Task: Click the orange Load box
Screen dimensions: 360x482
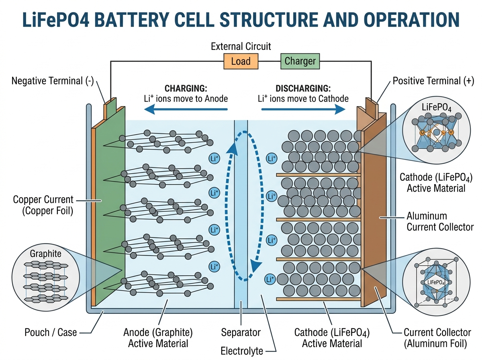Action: tap(241, 61)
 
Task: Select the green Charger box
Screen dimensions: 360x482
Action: tap(300, 61)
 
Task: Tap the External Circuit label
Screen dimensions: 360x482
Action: tap(241, 47)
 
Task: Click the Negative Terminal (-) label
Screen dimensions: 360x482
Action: tap(53, 81)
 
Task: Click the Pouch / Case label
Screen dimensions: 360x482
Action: tap(51, 332)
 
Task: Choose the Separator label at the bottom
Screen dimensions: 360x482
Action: tap(241, 332)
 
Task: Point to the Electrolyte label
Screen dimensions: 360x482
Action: tap(242, 351)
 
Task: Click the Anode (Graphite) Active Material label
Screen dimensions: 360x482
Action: tap(158, 337)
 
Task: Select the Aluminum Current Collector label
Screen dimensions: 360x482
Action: tap(440, 221)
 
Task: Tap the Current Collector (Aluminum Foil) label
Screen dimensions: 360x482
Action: tap(437, 337)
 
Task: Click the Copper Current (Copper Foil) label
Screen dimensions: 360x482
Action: tap(43, 205)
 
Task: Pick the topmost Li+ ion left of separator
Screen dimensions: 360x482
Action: tap(214, 158)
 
